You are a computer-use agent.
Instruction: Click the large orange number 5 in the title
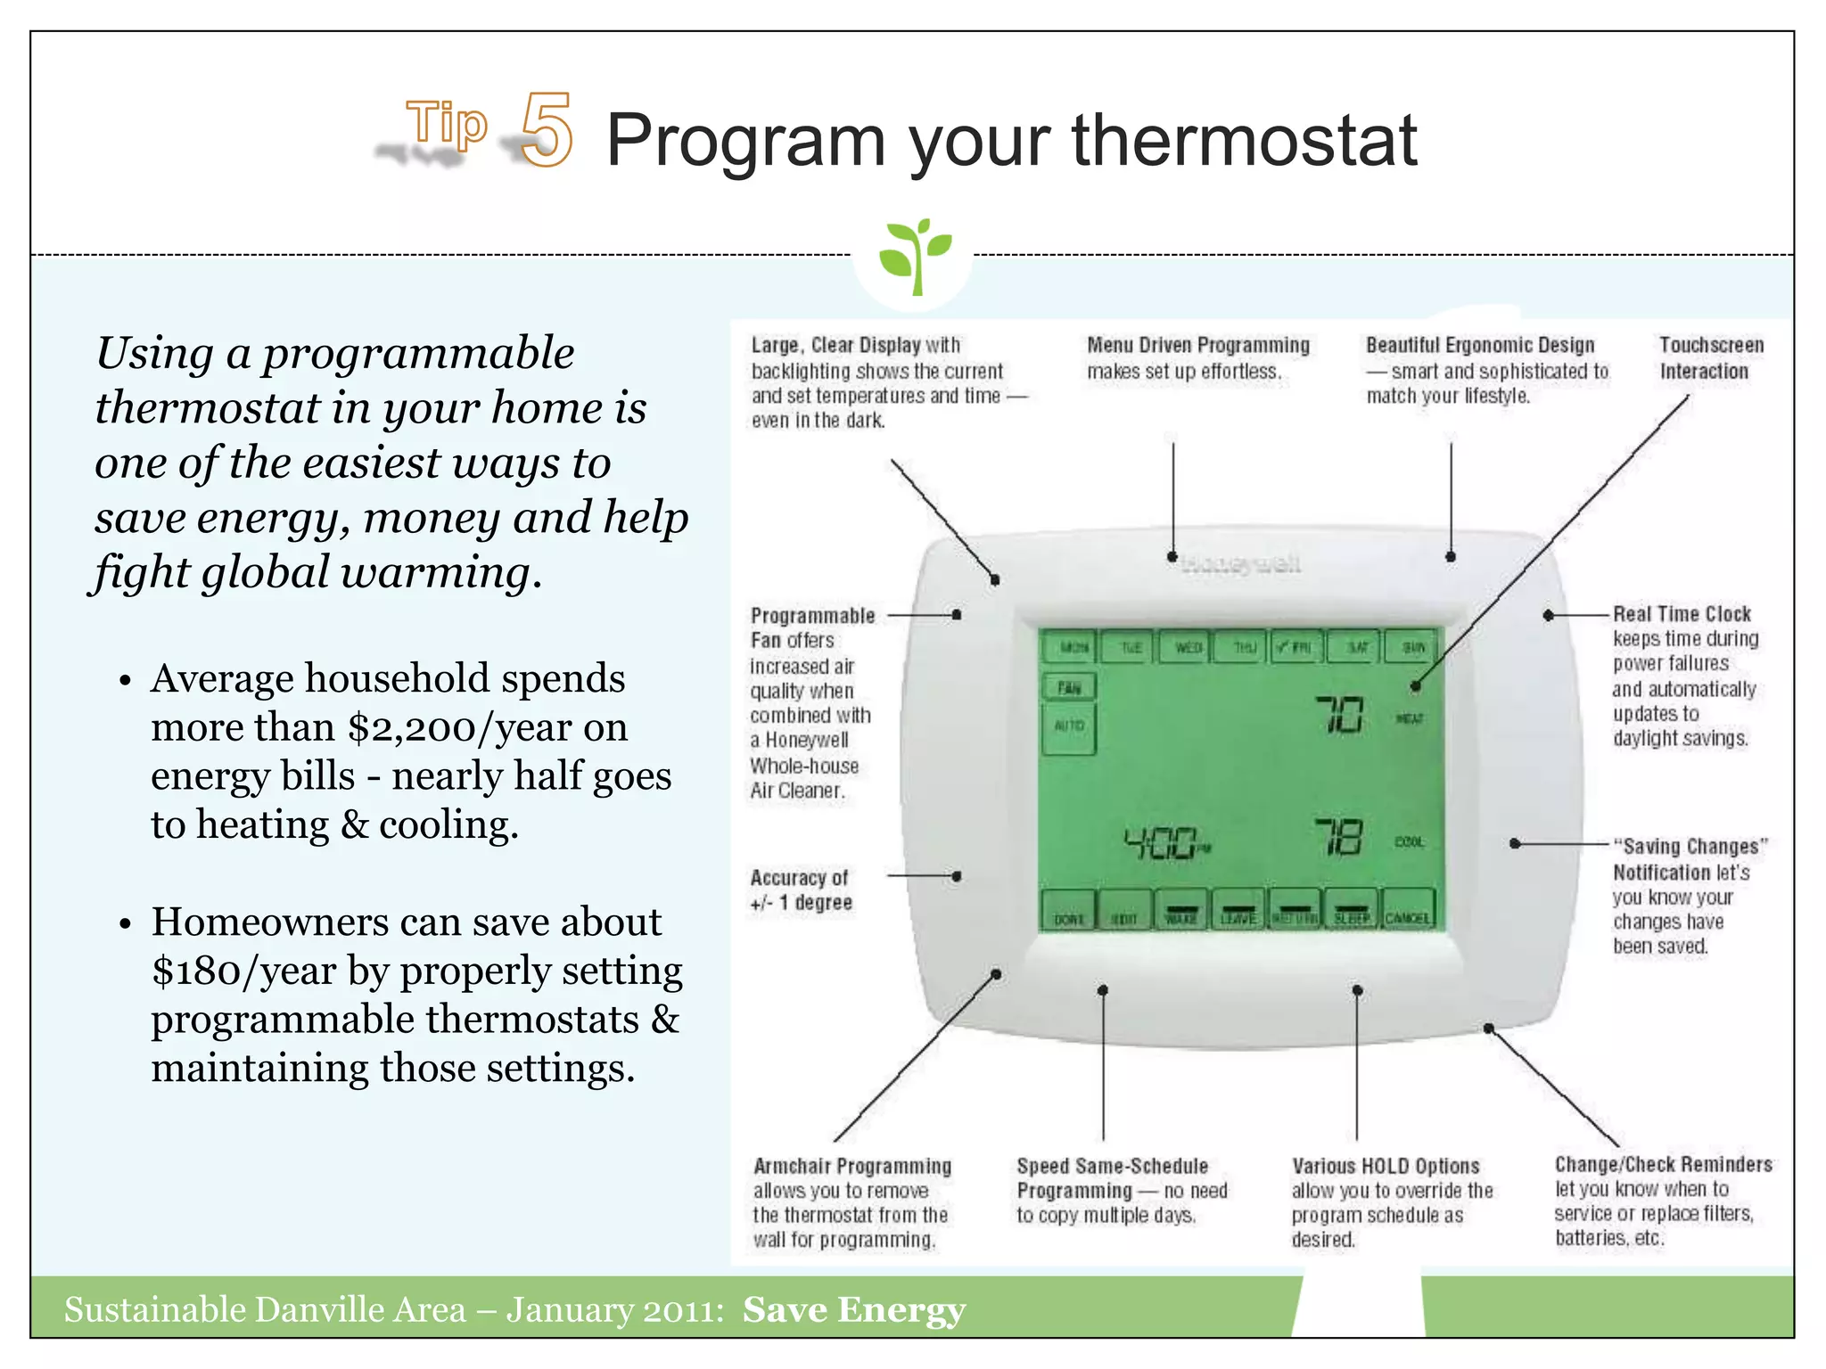coord(546,131)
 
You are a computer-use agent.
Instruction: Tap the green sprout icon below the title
coord(914,256)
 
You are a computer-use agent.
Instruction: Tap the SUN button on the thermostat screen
coord(1412,647)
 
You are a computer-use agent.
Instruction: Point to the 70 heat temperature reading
coord(1339,715)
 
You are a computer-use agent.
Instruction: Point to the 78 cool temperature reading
coord(1338,838)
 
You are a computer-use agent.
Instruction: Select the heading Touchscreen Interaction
coord(1710,358)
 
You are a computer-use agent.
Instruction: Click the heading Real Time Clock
coord(1682,614)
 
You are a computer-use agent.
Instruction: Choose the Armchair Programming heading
coord(852,1167)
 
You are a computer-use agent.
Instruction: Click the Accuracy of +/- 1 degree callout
coord(801,890)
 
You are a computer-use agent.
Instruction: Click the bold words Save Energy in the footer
coord(854,1310)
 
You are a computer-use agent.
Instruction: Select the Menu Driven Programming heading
coord(1197,345)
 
